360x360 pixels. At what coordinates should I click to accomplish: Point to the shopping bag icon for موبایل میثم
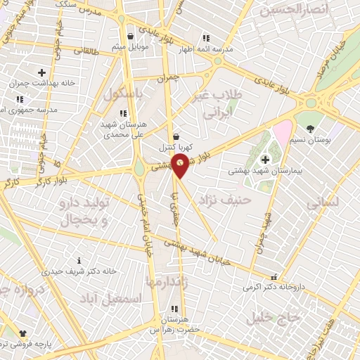pos(131,37)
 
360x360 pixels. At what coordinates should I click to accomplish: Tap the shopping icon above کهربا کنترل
pos(175,136)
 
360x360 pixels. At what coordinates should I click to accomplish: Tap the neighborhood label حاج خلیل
pos(274,318)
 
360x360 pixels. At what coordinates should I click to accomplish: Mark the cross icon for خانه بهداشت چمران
pos(41,72)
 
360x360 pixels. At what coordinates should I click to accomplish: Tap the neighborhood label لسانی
pos(323,201)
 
